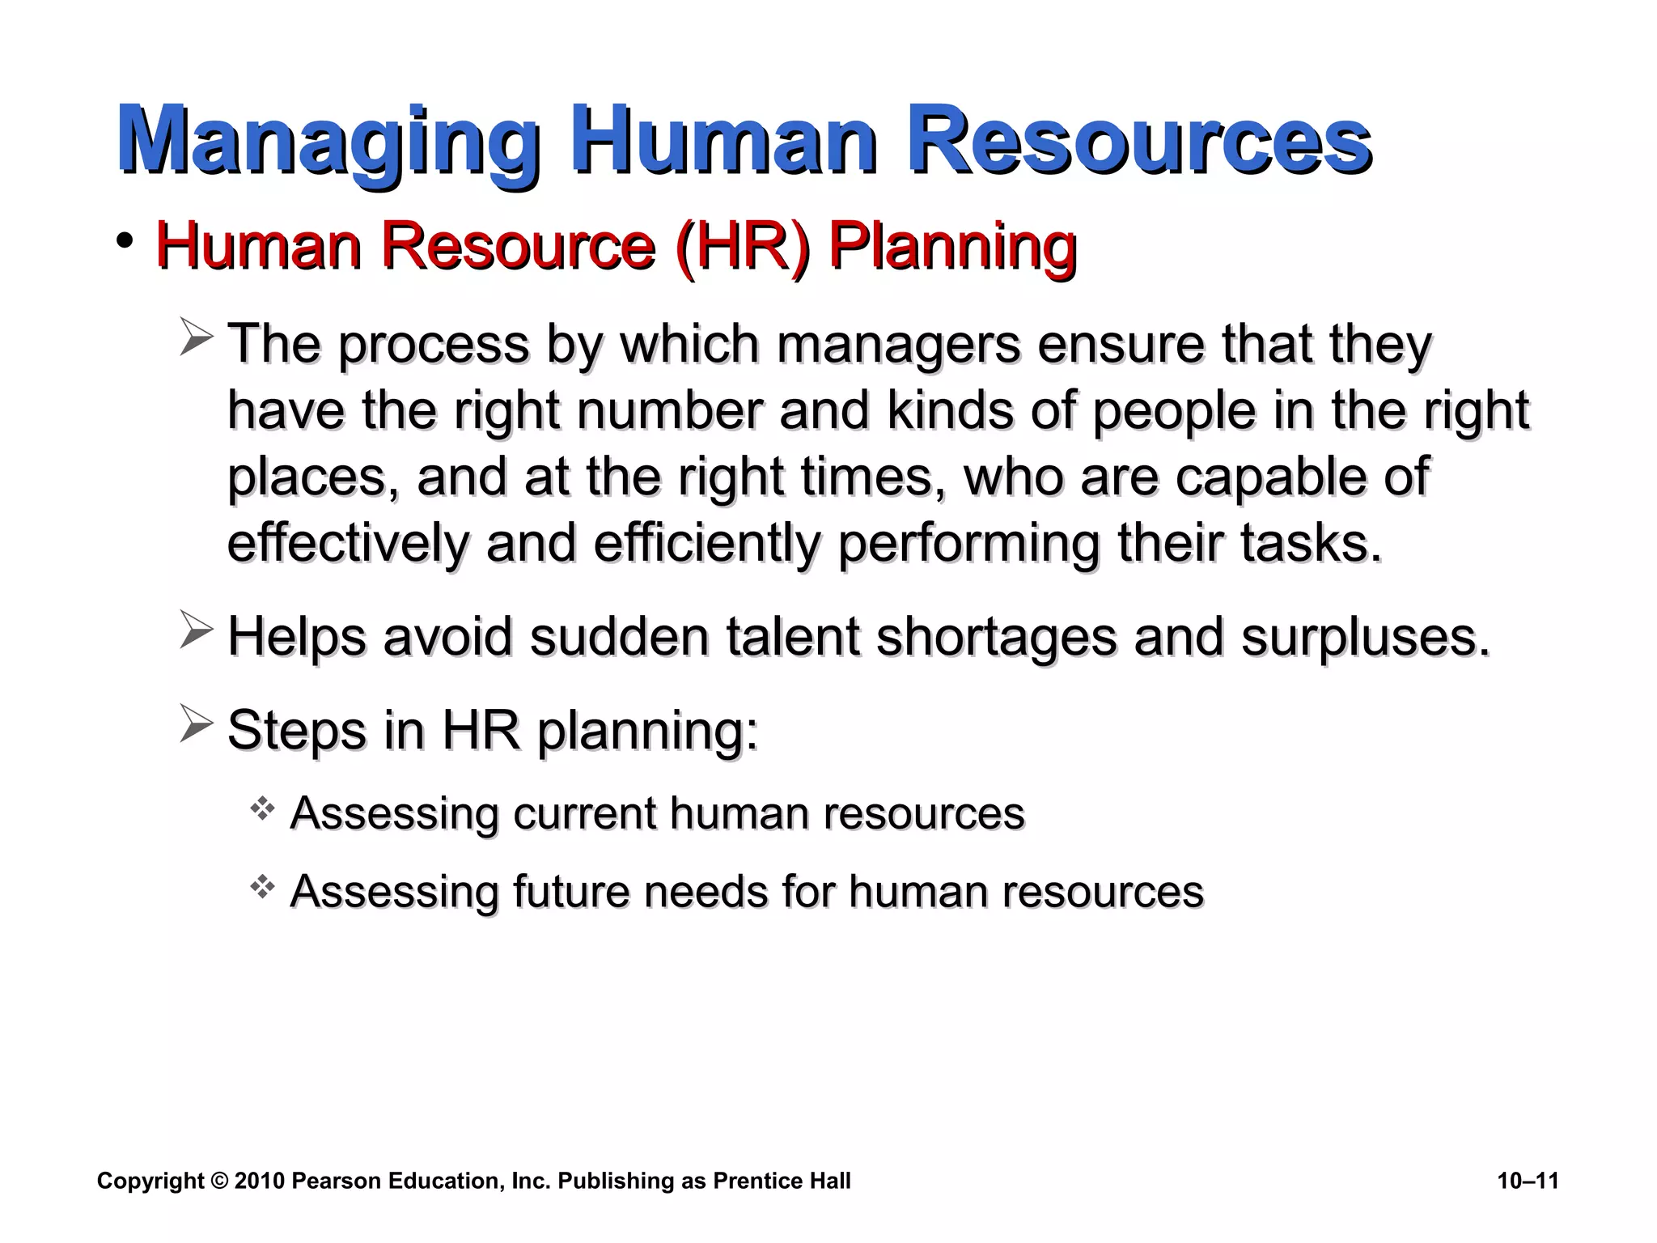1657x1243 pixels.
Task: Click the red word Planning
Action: pyautogui.click(x=952, y=247)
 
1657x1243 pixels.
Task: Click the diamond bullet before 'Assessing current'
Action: pyautogui.click(x=262, y=808)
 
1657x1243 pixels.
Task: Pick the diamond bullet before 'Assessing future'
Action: pyautogui.click(x=262, y=887)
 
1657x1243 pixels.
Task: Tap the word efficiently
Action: pyautogui.click(x=707, y=543)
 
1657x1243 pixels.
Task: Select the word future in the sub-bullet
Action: pyautogui.click(x=570, y=892)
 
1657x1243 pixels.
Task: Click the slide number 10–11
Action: pyautogui.click(x=1528, y=1181)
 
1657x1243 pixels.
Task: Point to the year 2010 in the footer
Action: pyautogui.click(x=259, y=1181)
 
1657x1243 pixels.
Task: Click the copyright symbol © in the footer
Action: pyautogui.click(x=219, y=1181)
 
